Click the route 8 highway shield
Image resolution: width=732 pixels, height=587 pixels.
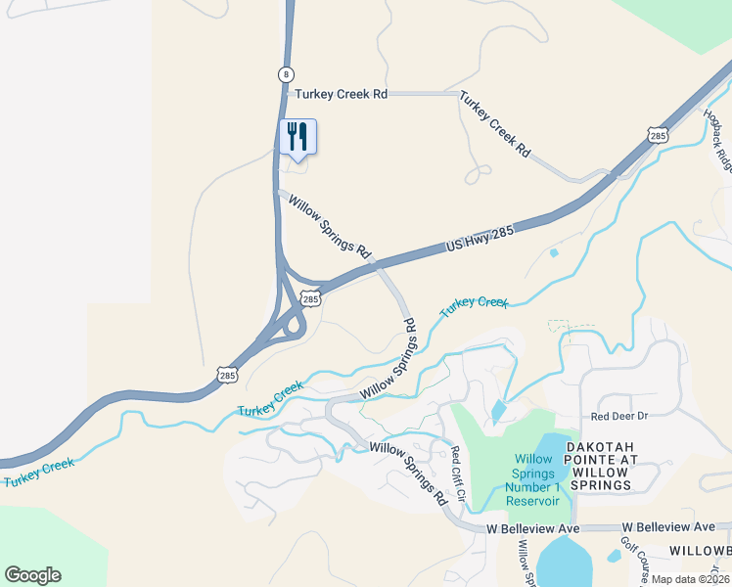[x=285, y=74]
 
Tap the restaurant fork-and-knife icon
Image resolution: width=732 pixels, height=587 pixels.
[x=297, y=136]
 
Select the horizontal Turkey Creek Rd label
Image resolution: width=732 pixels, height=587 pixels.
[x=342, y=94]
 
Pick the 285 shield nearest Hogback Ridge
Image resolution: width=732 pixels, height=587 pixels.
[x=658, y=133]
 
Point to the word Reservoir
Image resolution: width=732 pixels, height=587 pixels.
[x=533, y=500]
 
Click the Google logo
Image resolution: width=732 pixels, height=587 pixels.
[x=32, y=575]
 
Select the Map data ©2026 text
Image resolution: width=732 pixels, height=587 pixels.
[x=690, y=579]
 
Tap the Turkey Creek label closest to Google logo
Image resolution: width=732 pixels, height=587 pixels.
[x=38, y=472]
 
